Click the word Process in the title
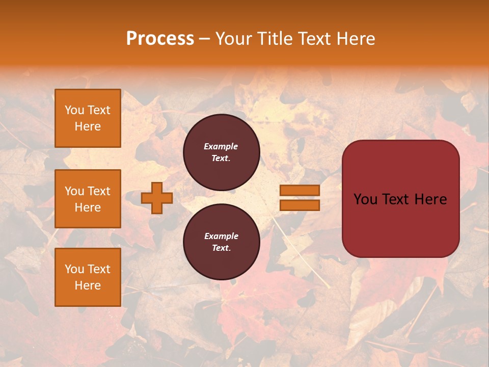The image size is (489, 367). point(160,39)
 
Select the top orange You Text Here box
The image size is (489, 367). point(88,118)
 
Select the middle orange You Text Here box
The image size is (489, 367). point(88,199)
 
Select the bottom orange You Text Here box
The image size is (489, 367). point(88,277)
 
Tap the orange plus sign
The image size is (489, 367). point(157,198)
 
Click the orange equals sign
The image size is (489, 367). point(300,198)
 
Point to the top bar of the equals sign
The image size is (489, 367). point(300,190)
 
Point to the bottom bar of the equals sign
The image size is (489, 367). point(300,205)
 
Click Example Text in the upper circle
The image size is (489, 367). point(221,152)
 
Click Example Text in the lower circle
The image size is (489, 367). point(221,242)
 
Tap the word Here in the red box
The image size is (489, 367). point(430,199)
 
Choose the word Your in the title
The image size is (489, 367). point(234,39)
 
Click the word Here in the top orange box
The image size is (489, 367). point(88,126)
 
